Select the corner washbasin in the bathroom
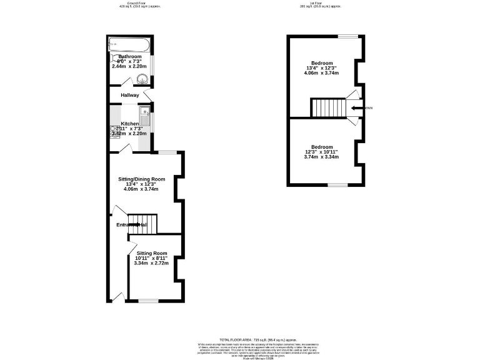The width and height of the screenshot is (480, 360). (143, 79)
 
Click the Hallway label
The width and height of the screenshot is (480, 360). (130, 95)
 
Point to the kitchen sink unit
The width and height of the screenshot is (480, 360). (144, 120)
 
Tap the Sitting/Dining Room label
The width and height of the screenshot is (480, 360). (142, 179)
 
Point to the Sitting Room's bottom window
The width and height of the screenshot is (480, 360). (147, 301)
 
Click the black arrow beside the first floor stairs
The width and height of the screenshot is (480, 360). (356, 108)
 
